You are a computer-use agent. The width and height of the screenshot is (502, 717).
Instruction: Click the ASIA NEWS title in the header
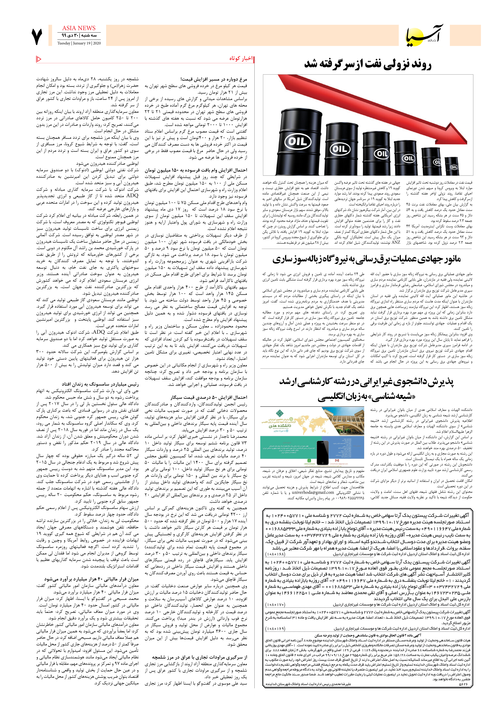[79, 28]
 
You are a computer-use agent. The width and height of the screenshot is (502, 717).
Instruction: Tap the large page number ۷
[37, 37]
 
